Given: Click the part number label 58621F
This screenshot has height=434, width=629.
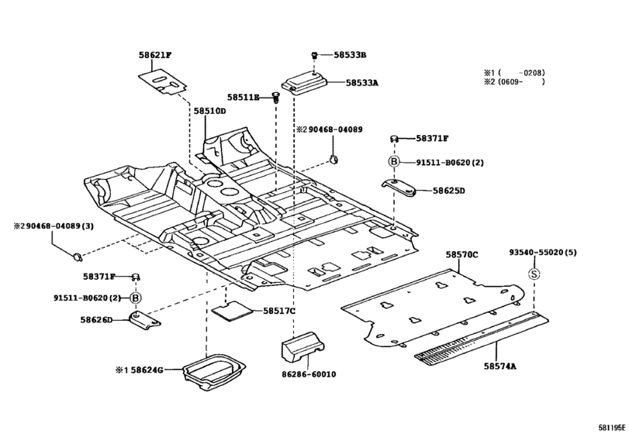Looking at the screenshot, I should coord(155,55).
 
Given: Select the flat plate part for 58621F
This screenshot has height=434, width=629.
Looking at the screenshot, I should coord(164,82).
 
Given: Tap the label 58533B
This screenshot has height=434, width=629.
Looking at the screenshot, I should coord(350,55).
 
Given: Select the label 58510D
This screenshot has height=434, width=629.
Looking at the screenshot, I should coord(209,112).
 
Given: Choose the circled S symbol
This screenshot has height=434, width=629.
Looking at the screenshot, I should coord(534,273).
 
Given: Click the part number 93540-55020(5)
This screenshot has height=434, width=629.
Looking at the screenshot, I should coord(543,253).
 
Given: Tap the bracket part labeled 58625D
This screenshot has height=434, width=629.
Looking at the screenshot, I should coord(403,188).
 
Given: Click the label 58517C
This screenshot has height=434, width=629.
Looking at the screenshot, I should coord(278,312).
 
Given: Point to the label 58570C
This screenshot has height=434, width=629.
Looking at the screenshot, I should coord(461,254).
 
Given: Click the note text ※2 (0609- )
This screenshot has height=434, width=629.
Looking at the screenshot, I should coord(514,81).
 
